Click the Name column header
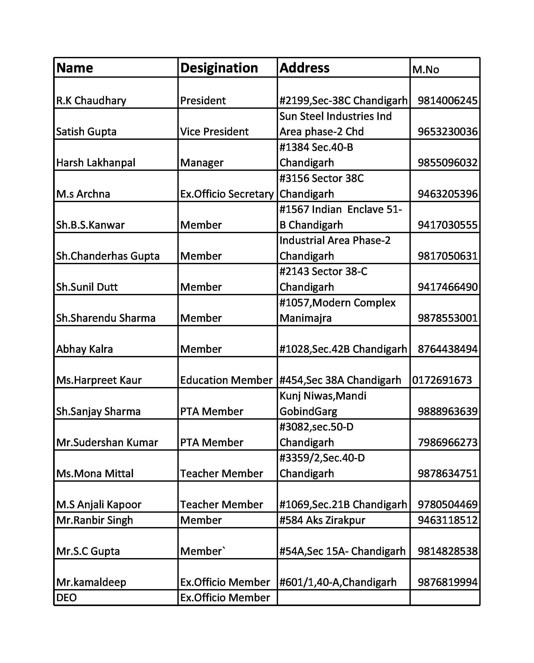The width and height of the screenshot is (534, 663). (75, 68)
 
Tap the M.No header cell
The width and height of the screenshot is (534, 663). (426, 70)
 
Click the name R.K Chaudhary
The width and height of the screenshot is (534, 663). (91, 101)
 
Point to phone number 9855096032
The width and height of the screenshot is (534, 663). (447, 163)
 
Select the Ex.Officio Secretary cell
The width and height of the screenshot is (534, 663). (227, 194)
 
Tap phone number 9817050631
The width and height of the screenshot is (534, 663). (447, 256)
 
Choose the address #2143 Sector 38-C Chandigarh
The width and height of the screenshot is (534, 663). (323, 279)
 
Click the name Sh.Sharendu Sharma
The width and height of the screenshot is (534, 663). (106, 318)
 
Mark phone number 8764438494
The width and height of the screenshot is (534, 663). (447, 349)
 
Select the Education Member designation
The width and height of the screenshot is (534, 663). (226, 380)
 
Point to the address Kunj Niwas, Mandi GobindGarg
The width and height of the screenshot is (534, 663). (323, 403)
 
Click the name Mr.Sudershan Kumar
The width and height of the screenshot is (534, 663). (107, 442)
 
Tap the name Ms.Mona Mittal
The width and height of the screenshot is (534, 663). (95, 473)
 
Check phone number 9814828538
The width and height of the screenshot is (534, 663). (447, 551)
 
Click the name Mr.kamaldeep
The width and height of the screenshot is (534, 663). (91, 582)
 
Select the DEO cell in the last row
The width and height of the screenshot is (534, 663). (66, 598)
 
